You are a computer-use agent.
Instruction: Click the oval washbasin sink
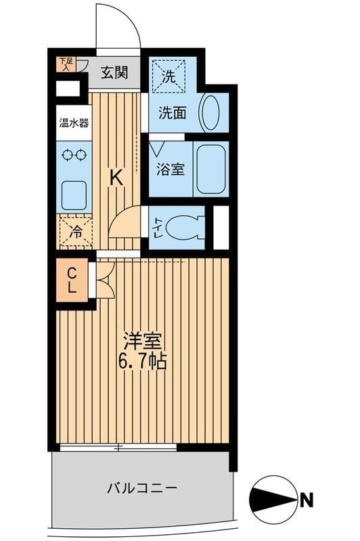[x=210, y=112]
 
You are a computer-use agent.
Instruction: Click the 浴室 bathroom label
[x=169, y=169]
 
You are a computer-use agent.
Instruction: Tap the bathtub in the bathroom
[x=210, y=169]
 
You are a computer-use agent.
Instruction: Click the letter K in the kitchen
[x=116, y=178]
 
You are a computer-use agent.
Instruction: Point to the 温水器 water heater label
[x=73, y=123]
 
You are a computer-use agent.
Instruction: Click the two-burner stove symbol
[x=74, y=155]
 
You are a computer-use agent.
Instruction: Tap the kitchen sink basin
[x=74, y=195]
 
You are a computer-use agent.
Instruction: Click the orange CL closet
[x=72, y=280]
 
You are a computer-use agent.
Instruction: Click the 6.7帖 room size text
[x=143, y=362]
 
